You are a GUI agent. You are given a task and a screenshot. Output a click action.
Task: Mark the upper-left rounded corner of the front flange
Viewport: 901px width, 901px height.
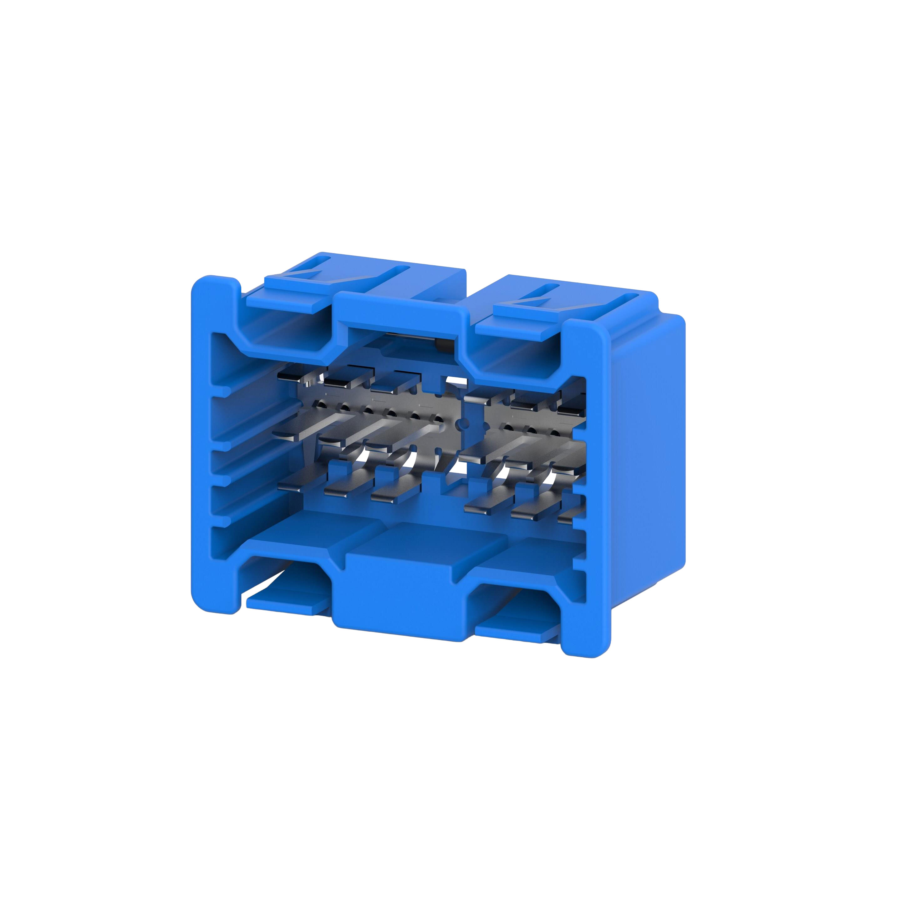pyautogui.click(x=205, y=284)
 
